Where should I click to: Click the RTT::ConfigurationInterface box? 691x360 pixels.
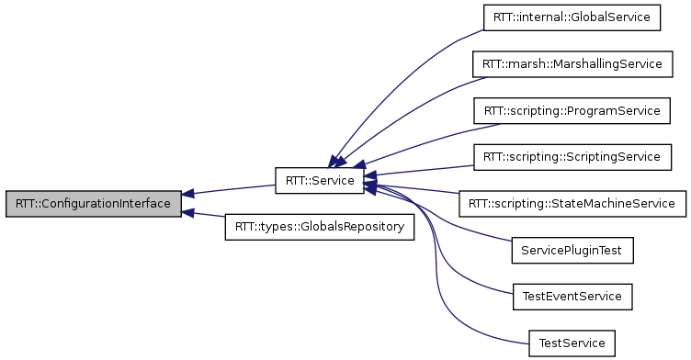[92, 203]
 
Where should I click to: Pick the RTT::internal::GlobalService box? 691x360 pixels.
[572, 17]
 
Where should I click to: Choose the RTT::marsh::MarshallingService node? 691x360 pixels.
[572, 64]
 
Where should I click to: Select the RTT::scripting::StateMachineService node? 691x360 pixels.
[572, 203]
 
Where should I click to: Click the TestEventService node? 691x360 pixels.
[572, 296]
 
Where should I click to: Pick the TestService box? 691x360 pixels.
[572, 343]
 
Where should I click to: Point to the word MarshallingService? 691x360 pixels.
[608, 64]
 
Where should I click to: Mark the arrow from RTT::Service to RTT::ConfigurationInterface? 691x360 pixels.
[230, 190]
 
